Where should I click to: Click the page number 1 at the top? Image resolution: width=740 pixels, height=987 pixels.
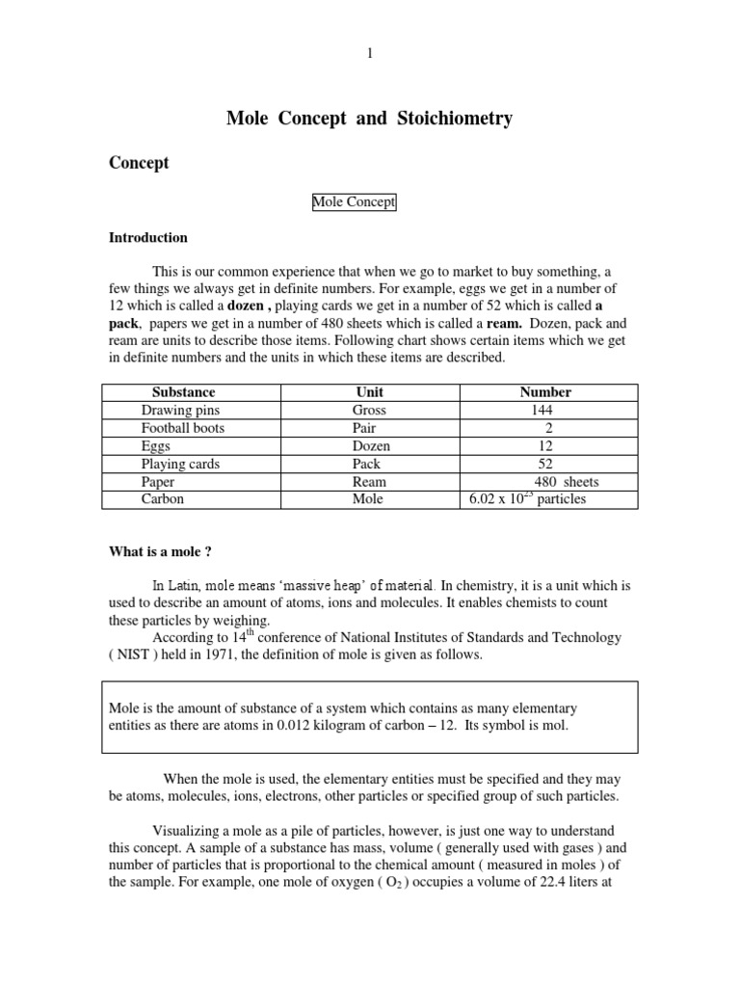(369, 54)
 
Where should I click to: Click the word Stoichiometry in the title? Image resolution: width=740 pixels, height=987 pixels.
(452, 120)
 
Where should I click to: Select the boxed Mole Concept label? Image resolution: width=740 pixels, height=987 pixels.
(354, 202)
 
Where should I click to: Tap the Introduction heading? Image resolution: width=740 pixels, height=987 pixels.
(147, 238)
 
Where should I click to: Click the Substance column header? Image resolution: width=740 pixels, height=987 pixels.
(183, 392)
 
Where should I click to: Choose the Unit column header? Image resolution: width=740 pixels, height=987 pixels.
(368, 392)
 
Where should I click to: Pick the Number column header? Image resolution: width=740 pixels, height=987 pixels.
(545, 392)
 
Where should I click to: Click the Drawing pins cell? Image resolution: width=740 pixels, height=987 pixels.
(180, 411)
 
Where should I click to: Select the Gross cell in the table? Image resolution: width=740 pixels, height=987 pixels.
(368, 411)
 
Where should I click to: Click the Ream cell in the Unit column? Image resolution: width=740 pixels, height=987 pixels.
(368, 482)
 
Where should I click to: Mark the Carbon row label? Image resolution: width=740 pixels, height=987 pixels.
(162, 499)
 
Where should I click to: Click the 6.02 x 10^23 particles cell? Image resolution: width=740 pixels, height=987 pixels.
(527, 499)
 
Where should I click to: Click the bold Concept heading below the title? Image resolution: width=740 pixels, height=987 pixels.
(138, 163)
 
